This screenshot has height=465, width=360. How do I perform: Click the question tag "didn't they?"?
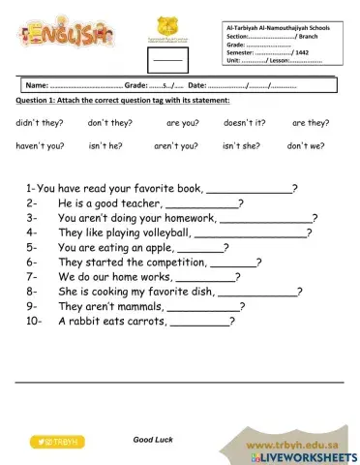click(x=37, y=124)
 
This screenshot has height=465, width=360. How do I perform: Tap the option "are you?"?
click(x=181, y=124)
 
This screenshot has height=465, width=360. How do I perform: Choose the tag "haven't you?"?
click(x=40, y=146)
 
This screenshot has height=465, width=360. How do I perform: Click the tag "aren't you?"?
click(x=175, y=146)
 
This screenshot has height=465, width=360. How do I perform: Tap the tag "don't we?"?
click(x=305, y=146)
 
